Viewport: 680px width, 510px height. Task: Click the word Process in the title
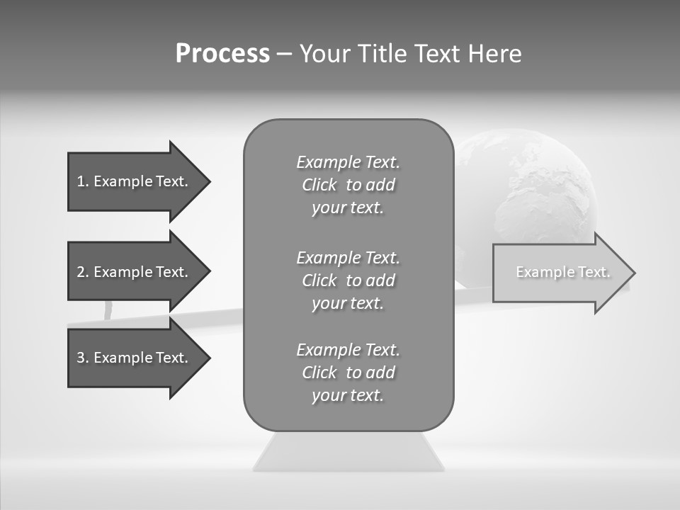point(222,54)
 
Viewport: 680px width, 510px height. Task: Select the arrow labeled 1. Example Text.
point(135,181)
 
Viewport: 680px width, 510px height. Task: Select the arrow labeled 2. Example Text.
point(135,272)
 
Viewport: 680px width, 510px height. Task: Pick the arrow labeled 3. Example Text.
point(135,358)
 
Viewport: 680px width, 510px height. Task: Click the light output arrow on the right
point(560,273)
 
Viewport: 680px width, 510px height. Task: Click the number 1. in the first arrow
point(82,181)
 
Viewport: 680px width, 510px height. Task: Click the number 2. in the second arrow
point(82,272)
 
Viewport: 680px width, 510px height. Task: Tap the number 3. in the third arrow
point(82,358)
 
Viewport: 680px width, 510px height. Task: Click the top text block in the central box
point(348,185)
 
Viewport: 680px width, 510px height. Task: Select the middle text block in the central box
point(348,280)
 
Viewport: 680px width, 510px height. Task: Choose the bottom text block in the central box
point(348,373)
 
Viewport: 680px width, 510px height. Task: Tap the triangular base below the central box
point(348,453)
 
